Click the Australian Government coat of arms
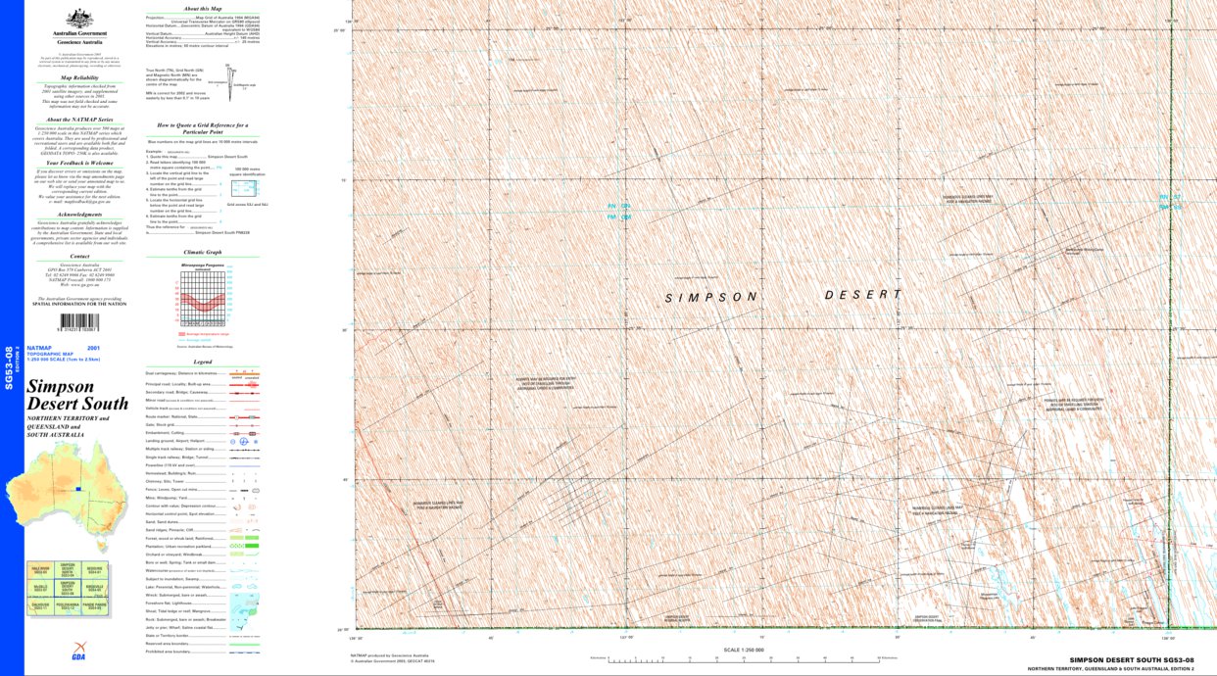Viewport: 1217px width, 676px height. tap(77, 18)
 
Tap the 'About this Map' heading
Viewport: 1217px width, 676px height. tap(204, 8)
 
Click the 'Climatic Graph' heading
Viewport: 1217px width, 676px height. tap(203, 252)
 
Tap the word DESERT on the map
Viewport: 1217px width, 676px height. tap(862, 295)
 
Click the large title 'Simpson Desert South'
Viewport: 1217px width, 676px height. tap(76, 395)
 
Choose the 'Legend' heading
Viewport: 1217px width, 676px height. tap(203, 362)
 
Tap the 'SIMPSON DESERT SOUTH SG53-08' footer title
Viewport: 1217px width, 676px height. tap(1132, 660)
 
